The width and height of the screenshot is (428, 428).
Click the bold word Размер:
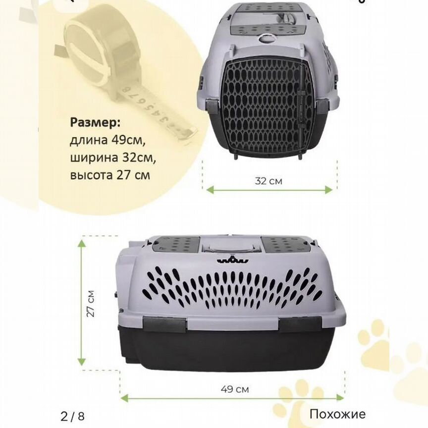tap(95, 123)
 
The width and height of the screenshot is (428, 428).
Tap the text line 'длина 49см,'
tap(107, 140)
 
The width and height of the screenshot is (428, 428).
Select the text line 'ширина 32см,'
tap(113, 158)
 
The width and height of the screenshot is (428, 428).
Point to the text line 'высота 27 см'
tap(110, 175)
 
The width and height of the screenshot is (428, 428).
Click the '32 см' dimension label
tap(268, 181)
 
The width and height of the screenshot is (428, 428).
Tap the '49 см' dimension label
tap(235, 389)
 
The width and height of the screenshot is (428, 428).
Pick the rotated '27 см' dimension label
tap(91, 303)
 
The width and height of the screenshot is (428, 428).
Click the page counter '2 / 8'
tap(72, 416)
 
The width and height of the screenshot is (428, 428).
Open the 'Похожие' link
tap(337, 414)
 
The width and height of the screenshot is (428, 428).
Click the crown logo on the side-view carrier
tap(233, 260)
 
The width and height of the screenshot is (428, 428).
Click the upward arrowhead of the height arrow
tap(82, 243)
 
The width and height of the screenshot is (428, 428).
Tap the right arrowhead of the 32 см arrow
tap(328, 190)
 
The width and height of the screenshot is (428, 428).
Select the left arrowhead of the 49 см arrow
tap(125, 398)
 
